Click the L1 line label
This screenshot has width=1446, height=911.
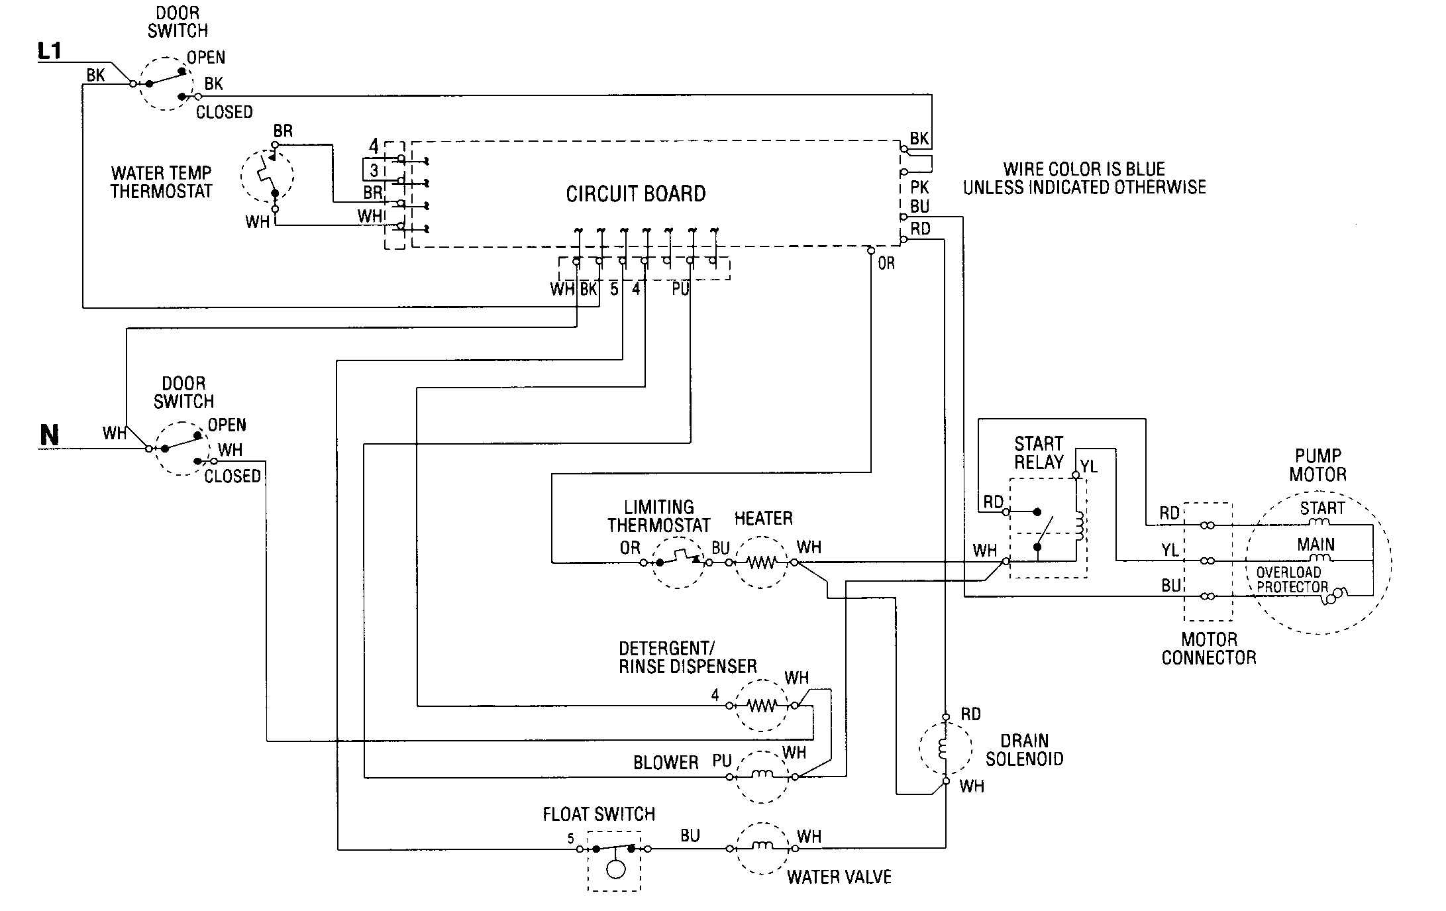pos(50,51)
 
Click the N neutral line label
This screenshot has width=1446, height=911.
pos(50,435)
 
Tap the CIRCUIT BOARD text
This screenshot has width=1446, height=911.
pos(635,194)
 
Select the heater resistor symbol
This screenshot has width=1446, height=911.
pos(762,563)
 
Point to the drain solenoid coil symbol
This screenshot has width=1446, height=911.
pos(943,748)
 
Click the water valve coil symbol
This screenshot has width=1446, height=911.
pos(762,847)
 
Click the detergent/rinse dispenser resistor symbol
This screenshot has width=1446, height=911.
pos(762,706)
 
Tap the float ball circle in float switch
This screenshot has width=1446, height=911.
pos(615,869)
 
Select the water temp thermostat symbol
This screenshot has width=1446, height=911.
pos(268,176)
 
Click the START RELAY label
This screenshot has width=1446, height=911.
pos(1038,453)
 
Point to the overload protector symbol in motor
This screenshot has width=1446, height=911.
pos(1335,596)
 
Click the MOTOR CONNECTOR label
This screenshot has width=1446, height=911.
pos(1209,649)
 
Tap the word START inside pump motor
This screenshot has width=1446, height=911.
pos(1321,508)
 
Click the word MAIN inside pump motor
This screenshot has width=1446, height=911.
pos(1316,545)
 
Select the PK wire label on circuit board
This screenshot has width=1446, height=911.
pos(919,188)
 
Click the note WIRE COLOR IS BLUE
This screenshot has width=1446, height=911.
pos(1084,169)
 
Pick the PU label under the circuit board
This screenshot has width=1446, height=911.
pos(680,290)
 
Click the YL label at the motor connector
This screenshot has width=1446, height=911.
pos(1170,550)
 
